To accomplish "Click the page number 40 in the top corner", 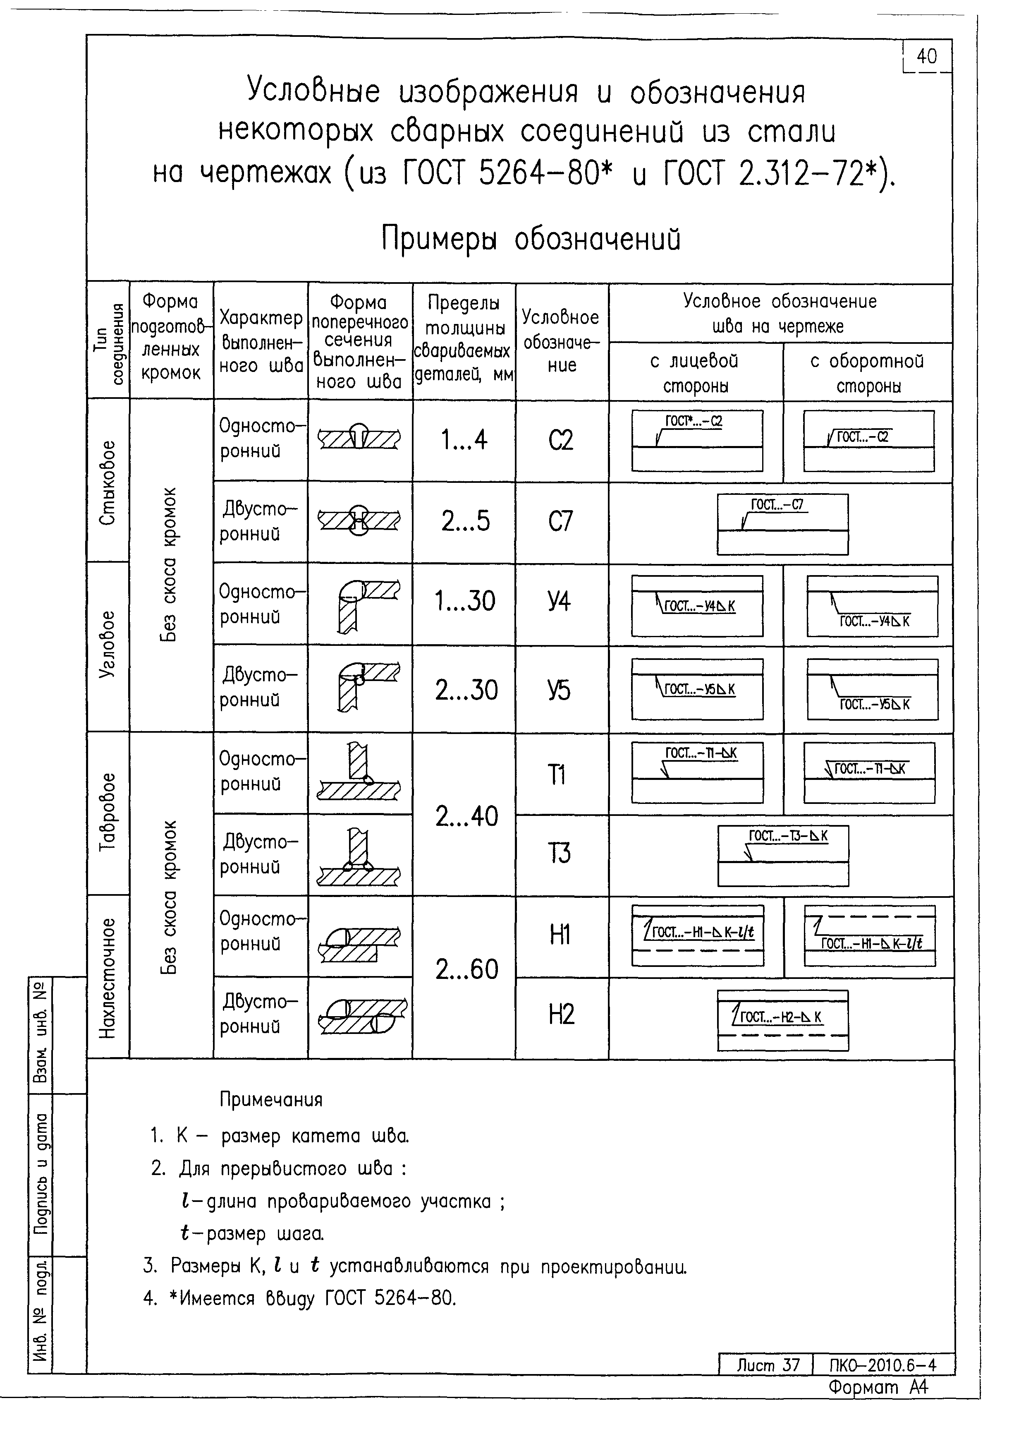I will point(926,56).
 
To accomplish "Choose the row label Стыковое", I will point(108,482).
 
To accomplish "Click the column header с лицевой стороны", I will point(695,373).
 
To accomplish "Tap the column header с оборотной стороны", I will point(868,373).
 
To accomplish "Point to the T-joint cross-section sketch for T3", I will point(359,857).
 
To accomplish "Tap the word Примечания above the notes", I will point(270,1100).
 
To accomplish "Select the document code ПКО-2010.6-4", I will point(883,1365).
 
